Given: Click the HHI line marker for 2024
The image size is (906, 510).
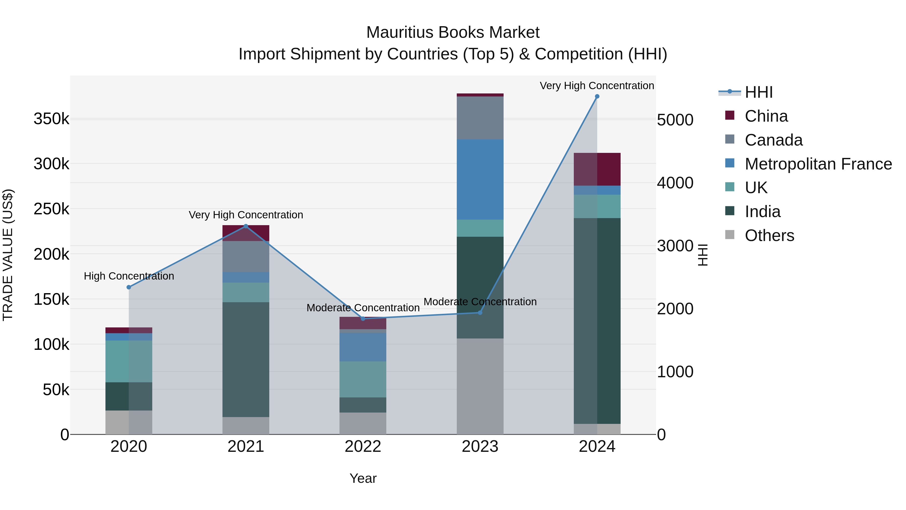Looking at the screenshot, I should point(597,96).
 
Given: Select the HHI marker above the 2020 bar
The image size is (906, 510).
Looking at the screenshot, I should point(129,287).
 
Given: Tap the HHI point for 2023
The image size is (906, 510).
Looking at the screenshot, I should point(480,313).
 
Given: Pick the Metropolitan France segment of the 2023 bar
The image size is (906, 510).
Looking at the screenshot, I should point(480,180).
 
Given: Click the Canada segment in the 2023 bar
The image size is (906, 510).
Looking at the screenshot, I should point(480,118).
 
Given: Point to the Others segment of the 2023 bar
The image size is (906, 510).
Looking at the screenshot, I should point(480,386).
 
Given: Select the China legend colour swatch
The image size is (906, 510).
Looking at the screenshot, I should point(730,115).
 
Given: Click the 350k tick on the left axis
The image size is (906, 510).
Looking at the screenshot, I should point(51,119).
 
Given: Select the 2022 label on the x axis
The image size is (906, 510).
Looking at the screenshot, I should point(363,447).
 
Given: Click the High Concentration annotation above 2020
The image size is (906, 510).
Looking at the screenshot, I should point(129,276).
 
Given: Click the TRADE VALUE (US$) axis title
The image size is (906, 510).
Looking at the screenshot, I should point(8,255).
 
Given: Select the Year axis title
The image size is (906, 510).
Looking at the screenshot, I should point(363,478).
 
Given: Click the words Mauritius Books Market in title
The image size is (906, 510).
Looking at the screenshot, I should point(453,32).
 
